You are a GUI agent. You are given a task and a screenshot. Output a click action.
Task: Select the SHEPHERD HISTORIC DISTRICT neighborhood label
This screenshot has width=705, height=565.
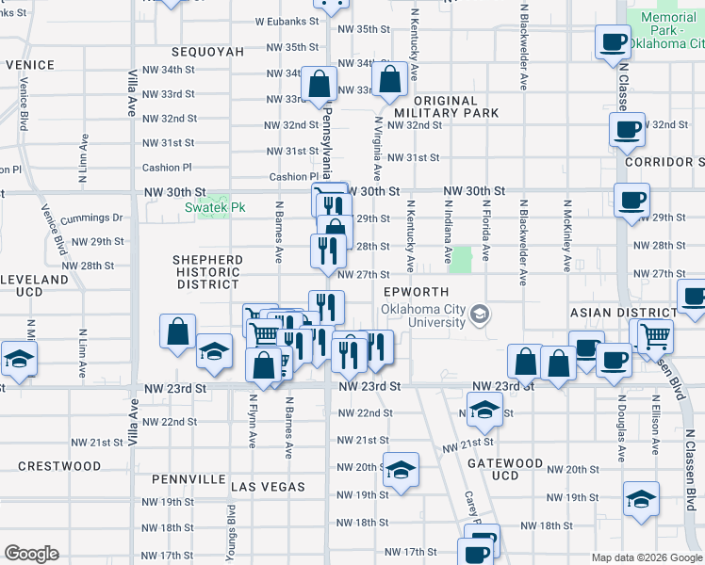[x=207, y=271]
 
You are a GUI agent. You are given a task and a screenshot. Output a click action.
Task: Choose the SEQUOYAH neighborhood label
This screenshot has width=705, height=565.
[x=206, y=52]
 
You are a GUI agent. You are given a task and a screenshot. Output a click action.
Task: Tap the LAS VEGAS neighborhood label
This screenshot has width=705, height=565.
[x=269, y=487]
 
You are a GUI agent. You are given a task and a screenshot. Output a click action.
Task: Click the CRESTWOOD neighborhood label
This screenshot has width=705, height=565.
[x=58, y=466]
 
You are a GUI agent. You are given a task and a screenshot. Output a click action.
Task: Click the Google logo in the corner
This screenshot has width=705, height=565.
[x=31, y=554]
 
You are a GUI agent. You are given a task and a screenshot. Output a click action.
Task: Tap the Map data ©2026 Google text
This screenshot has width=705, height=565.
[x=647, y=557]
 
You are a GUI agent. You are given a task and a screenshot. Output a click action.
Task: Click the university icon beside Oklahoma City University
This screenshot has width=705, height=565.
[x=480, y=313]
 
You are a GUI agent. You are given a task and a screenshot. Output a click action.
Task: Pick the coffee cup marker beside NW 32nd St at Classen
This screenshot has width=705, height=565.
[x=627, y=129]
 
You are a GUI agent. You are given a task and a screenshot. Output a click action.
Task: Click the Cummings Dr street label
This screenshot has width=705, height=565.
[x=91, y=218]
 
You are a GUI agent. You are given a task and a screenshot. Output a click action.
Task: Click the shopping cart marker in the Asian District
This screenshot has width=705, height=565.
[x=653, y=334]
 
